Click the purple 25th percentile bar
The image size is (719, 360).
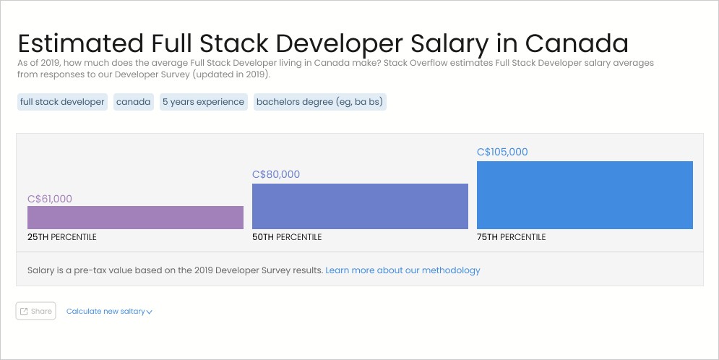pos(135,218)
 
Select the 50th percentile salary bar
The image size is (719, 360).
pos(360,206)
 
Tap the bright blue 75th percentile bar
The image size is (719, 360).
pos(585,195)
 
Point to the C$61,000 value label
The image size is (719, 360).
pos(50,199)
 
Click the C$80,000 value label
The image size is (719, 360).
pos(276,174)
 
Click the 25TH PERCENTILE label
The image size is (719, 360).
pos(62,237)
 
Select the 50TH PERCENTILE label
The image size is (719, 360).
pos(287,237)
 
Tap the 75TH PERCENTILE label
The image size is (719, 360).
pos(512,237)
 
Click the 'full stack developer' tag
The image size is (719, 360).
pos(62,102)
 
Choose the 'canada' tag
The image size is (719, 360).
pos(134,102)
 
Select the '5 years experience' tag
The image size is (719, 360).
pos(203,102)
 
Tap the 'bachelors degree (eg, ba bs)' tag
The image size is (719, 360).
pos(319,102)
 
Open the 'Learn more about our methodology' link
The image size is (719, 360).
pos(402,270)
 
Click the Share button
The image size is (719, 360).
pos(35,311)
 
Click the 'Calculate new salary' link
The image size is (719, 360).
pos(108,312)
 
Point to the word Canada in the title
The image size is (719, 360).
pos(577,43)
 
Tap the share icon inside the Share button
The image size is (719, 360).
pos(24,312)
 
